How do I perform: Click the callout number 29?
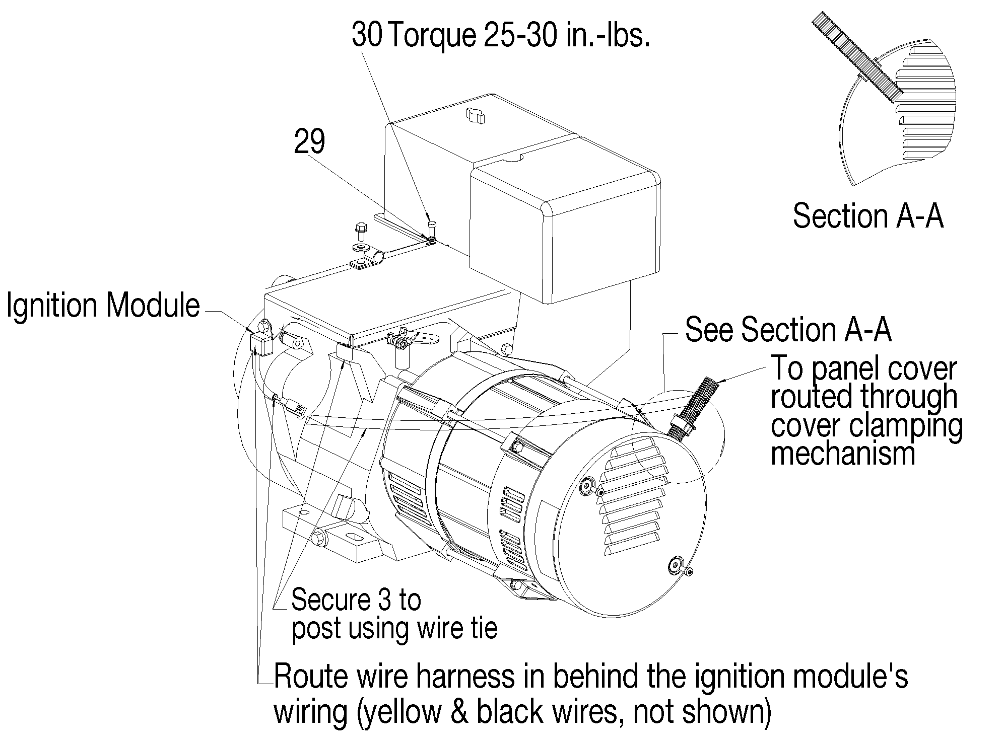pos(309,142)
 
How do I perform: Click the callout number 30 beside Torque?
pos(367,35)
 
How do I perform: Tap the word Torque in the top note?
pos(432,35)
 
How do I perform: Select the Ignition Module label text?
pos(103,306)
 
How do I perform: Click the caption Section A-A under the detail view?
pos(867,216)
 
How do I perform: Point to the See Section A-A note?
pos(788,330)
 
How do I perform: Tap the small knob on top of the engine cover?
pos(474,116)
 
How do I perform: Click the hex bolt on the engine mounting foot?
pos(318,537)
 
